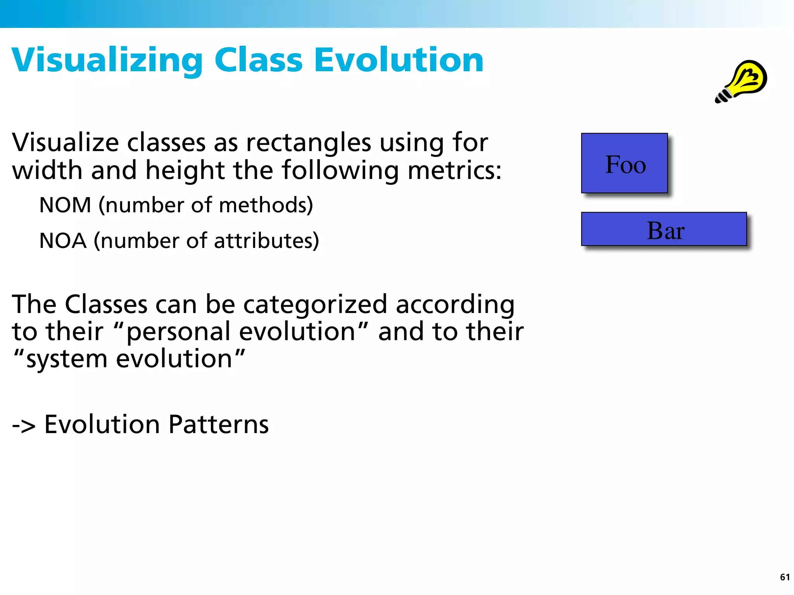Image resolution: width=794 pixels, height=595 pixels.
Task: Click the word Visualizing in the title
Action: click(107, 60)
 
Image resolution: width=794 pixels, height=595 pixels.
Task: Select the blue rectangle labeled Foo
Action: click(624, 163)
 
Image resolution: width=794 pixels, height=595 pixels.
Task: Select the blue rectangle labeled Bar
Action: click(664, 229)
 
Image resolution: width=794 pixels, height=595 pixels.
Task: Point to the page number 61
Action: click(785, 577)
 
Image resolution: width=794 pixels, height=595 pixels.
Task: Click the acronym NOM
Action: click(65, 205)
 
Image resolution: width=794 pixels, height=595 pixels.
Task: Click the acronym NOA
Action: click(63, 241)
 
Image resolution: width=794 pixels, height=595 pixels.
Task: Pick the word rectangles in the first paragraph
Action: click(309, 143)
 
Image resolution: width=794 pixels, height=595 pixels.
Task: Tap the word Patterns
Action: click(219, 425)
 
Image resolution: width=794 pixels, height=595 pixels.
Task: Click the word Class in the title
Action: click(258, 60)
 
